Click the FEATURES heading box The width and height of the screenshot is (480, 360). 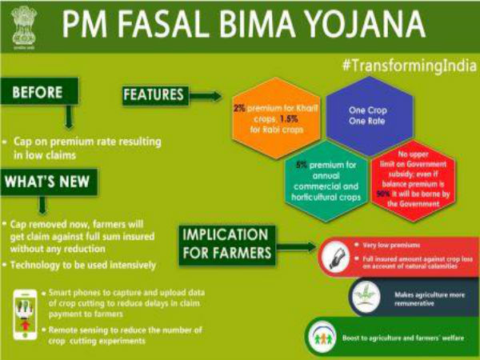154,96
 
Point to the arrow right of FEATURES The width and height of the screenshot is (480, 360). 206,97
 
